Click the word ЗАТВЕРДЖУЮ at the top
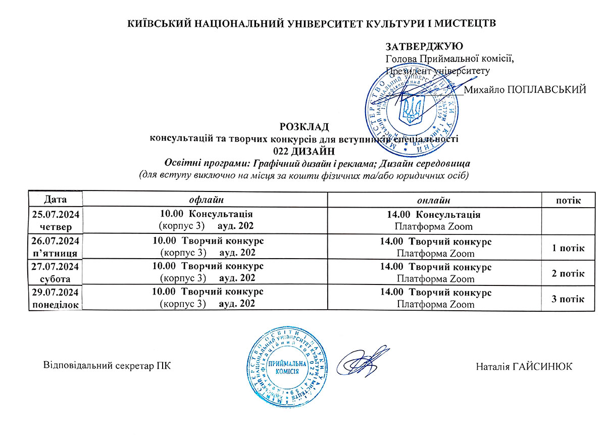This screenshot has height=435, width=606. (424, 47)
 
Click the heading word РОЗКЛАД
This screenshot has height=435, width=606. (304, 126)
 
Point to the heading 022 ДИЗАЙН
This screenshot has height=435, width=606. (304, 151)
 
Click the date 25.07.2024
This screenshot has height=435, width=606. (55, 214)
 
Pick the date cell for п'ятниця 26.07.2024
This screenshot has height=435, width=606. (55, 247)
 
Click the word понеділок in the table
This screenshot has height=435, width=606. (55, 304)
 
